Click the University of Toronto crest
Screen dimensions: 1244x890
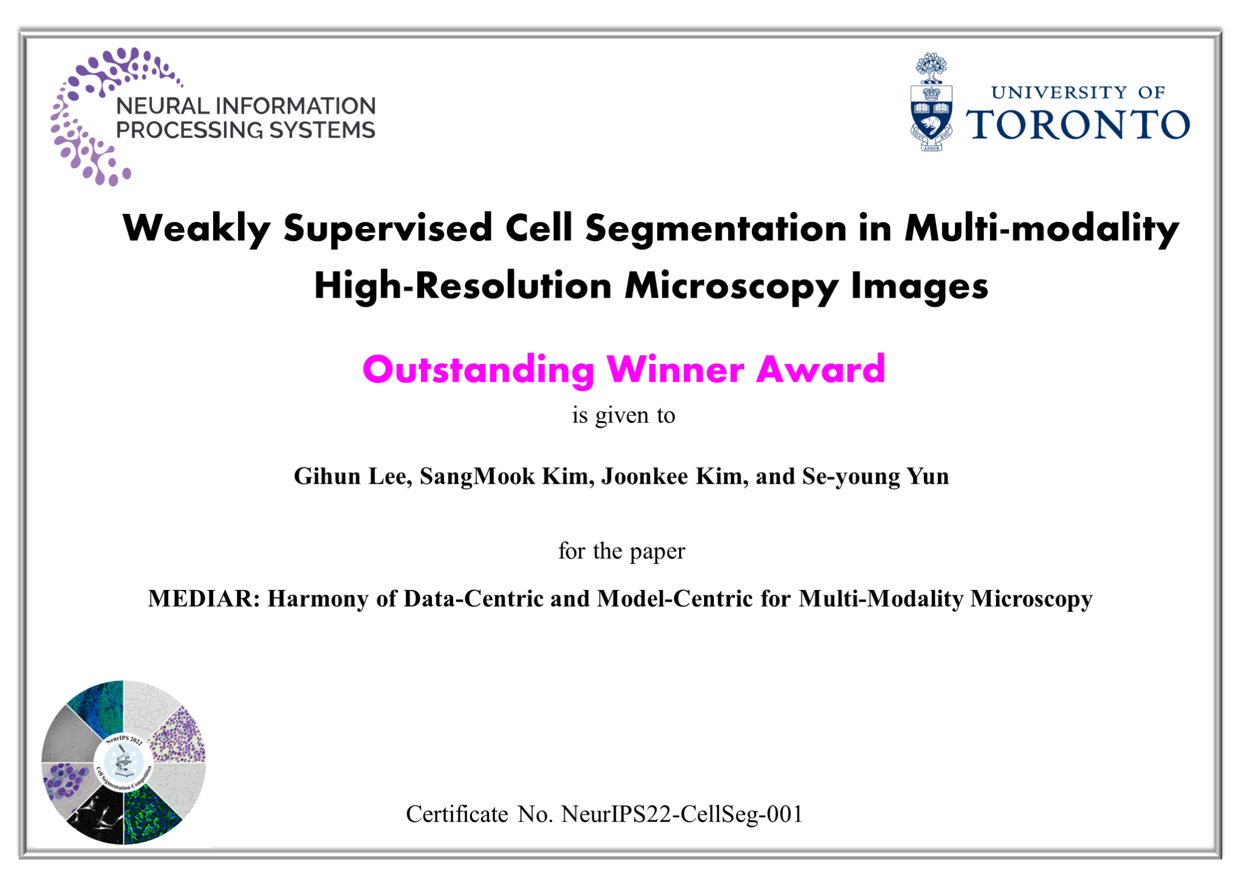[x=931, y=102]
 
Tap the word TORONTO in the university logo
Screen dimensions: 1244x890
[x=1078, y=125]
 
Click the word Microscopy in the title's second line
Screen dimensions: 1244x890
[x=732, y=287]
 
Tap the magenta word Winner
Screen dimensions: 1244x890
[x=675, y=369]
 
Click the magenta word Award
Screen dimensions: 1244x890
[x=821, y=369]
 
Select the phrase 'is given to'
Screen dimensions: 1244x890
[x=623, y=416]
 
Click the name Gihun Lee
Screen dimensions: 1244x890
[x=353, y=476]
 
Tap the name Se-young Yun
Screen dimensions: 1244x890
[x=875, y=477]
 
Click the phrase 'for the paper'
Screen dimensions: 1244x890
[x=621, y=551]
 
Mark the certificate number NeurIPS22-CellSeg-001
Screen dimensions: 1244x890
[x=682, y=814]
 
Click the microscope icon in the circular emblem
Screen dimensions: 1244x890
[x=123, y=762]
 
